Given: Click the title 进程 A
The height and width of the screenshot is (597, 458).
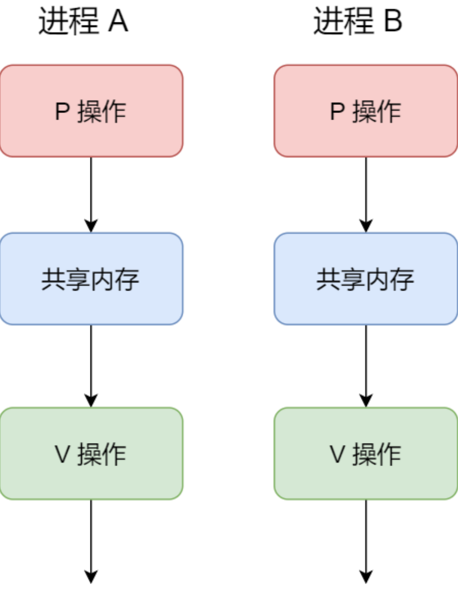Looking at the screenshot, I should pyautogui.click(x=83, y=21).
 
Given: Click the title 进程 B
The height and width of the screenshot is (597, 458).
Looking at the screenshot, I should pyautogui.click(x=358, y=21).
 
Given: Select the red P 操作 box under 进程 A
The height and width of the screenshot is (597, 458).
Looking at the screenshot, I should pyautogui.click(x=91, y=111).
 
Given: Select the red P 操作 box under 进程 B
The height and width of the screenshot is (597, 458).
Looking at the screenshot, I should pyautogui.click(x=366, y=111).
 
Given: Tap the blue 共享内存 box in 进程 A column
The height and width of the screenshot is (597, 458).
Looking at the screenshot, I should pyautogui.click(x=91, y=279).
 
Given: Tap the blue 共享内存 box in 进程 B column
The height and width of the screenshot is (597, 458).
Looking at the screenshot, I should pyautogui.click(x=366, y=279).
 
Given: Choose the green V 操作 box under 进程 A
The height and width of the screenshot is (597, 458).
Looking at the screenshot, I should pyautogui.click(x=91, y=454).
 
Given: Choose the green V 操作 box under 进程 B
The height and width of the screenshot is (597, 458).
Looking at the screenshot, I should pyautogui.click(x=366, y=454).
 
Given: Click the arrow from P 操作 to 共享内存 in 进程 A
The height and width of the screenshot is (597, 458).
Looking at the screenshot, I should pyautogui.click(x=91, y=194).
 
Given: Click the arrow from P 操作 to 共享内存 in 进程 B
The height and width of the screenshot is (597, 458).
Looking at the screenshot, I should pyautogui.click(x=366, y=194).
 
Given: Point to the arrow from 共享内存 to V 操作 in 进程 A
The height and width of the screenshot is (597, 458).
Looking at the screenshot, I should pyautogui.click(x=91, y=366).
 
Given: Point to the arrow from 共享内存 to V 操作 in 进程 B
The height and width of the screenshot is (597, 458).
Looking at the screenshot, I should pyautogui.click(x=366, y=366).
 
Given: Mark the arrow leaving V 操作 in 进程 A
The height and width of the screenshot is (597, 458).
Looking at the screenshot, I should pyautogui.click(x=91, y=541).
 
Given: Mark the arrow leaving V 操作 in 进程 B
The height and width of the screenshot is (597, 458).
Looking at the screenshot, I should pyautogui.click(x=366, y=541).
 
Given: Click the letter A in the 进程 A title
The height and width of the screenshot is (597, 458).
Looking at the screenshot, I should pyautogui.click(x=118, y=21).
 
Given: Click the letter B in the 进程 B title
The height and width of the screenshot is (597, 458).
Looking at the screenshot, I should pyautogui.click(x=393, y=21).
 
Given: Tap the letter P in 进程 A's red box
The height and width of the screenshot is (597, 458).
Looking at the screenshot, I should pyautogui.click(x=63, y=111).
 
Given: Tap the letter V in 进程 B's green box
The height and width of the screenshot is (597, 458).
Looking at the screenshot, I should pyautogui.click(x=337, y=454).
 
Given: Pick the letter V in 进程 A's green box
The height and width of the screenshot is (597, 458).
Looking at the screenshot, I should pyautogui.click(x=63, y=454).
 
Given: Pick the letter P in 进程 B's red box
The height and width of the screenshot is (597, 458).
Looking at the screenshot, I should pyautogui.click(x=338, y=111).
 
